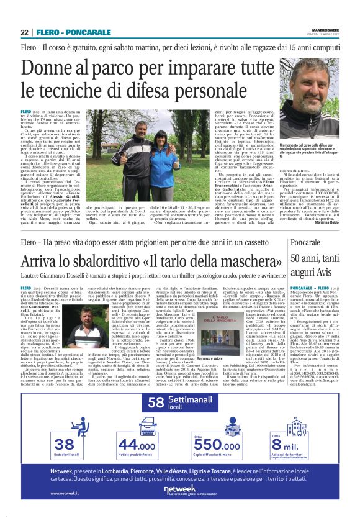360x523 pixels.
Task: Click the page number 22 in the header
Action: tap(25, 32)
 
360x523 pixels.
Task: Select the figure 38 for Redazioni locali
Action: tap(64, 443)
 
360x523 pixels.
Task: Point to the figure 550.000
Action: tap(217, 445)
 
